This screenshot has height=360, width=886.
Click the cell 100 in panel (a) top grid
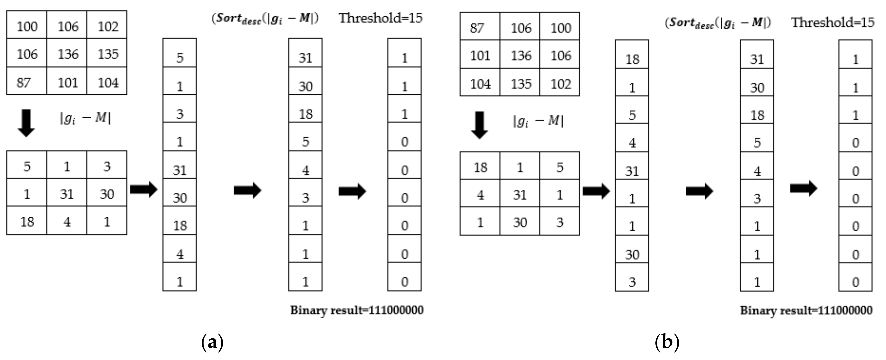coord(27,26)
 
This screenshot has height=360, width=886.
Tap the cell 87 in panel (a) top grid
coord(24,83)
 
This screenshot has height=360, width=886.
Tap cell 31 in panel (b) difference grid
coord(520,195)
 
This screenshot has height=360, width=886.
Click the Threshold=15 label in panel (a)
coord(380,18)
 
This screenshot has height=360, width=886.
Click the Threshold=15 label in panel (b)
coord(833,22)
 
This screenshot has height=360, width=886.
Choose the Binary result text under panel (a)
coord(357,310)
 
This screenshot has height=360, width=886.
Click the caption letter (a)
coord(212,342)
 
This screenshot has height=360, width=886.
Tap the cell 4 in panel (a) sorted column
coord(305,170)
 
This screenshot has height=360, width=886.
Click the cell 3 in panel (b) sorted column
coord(757,198)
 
